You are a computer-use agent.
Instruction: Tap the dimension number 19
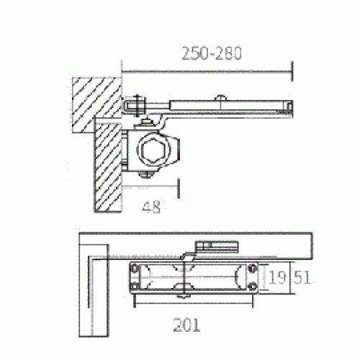pyautogui.click(x=276, y=276)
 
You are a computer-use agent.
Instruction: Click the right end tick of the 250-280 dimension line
pyautogui.click(x=292, y=71)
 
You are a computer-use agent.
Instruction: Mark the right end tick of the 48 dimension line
pyautogui.click(x=178, y=189)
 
